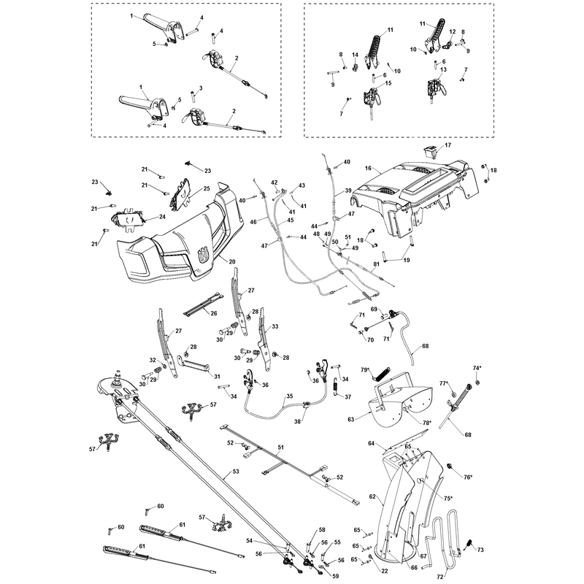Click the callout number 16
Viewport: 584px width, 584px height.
(368, 169)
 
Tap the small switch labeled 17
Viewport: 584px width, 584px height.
(429, 152)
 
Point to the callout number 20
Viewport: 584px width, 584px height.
(232, 262)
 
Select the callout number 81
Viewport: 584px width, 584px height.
(377, 264)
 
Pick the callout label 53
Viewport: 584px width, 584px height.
(236, 472)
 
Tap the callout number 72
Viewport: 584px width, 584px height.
(440, 577)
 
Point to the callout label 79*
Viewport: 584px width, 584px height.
(366, 369)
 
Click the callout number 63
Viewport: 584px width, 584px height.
(351, 420)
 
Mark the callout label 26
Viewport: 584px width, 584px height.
(214, 313)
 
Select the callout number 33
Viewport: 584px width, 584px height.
(275, 326)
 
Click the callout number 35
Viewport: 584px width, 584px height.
(290, 396)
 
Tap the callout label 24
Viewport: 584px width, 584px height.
(162, 216)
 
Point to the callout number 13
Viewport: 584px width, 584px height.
(443, 69)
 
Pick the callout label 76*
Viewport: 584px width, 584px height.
(468, 477)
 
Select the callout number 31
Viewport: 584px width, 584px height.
(217, 377)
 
